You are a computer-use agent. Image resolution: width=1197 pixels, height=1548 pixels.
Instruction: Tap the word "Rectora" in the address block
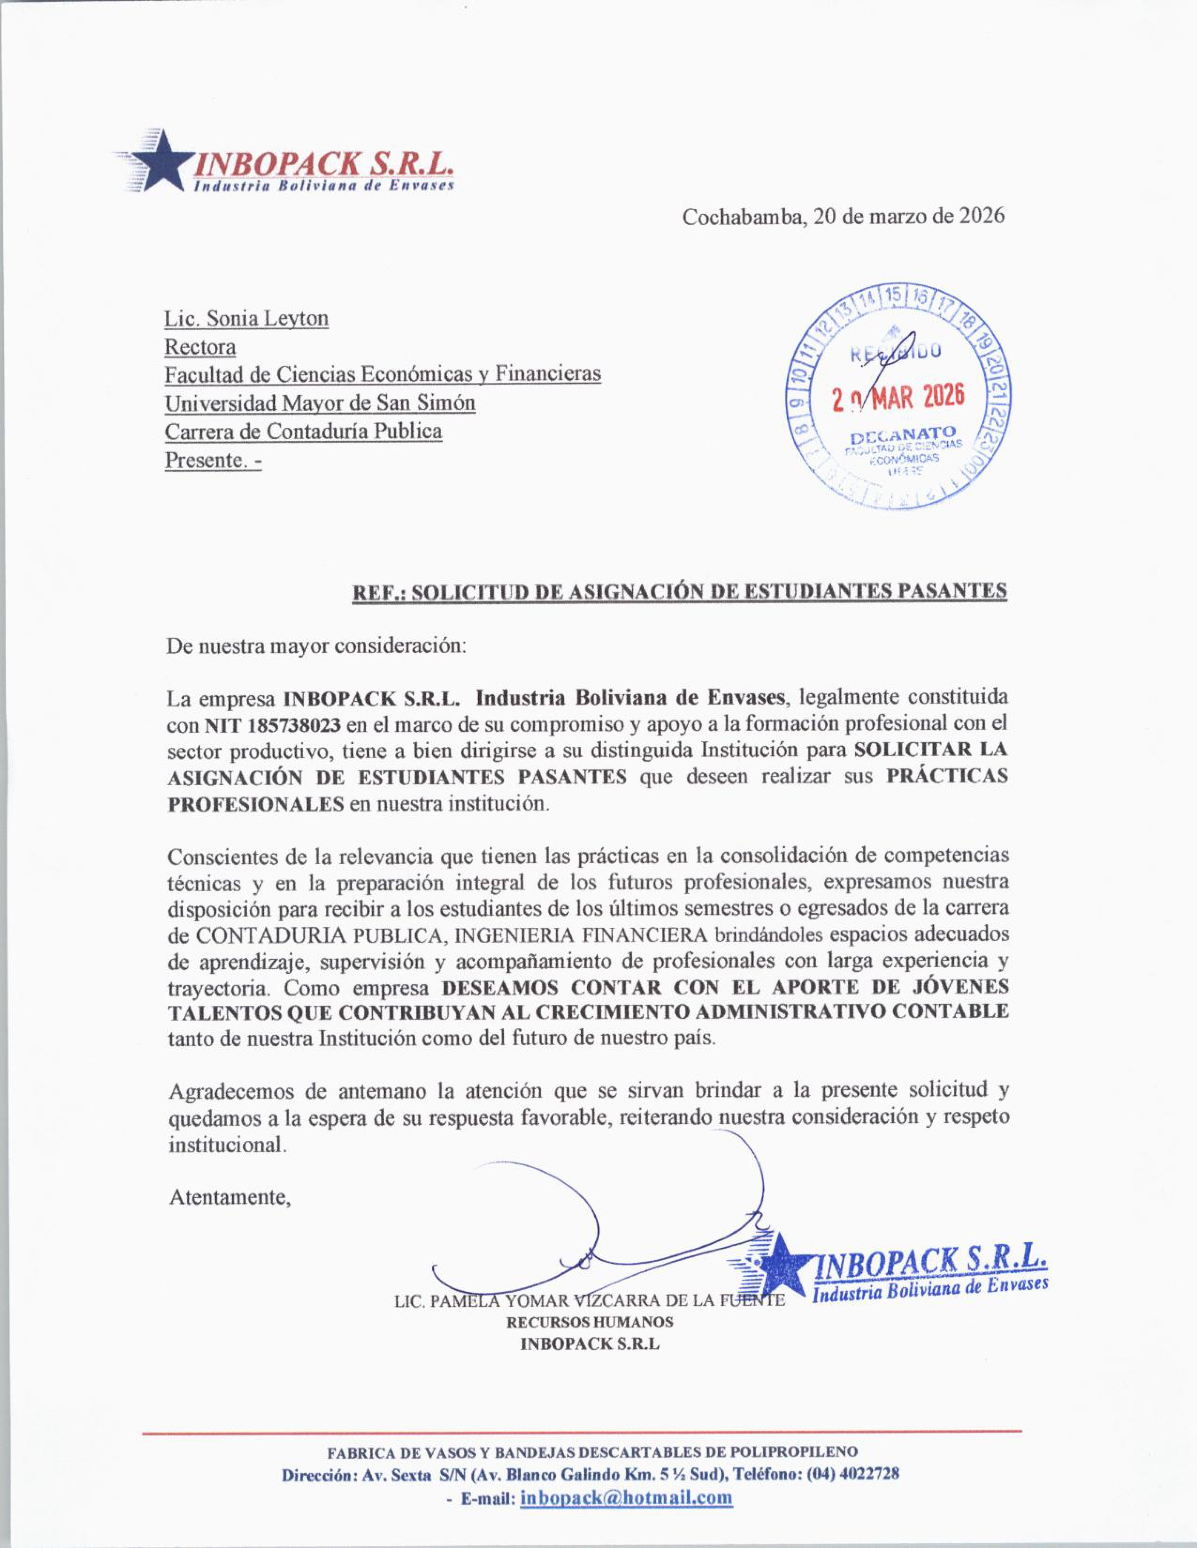pyautogui.click(x=200, y=347)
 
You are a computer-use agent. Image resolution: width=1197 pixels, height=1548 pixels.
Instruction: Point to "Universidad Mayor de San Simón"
pyautogui.click(x=320, y=403)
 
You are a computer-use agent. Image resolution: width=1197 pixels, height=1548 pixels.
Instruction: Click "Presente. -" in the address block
pyautogui.click(x=213, y=460)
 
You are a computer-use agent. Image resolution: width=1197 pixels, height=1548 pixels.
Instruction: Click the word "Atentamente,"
pyautogui.click(x=230, y=1198)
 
